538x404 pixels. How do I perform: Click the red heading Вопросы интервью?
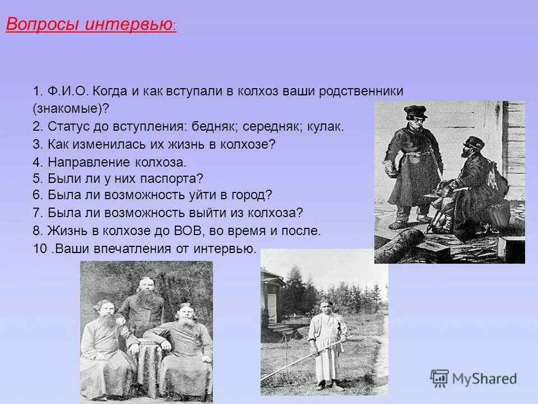pos(90,25)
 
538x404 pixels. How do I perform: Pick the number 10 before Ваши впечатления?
pos(40,249)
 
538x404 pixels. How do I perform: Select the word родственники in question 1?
pos(361,91)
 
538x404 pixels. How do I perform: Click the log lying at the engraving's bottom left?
pos(399,242)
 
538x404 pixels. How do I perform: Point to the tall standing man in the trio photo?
pos(141,303)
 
